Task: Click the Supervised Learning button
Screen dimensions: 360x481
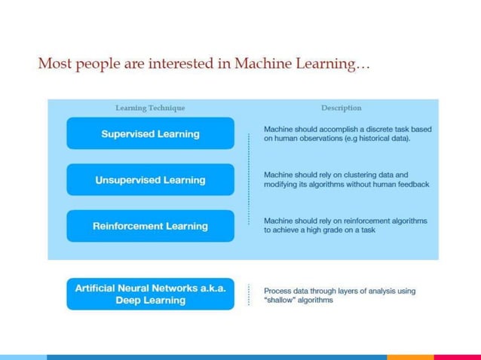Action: tap(150, 134)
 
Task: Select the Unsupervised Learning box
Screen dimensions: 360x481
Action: tap(150, 180)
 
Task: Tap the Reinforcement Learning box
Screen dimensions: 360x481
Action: tap(150, 226)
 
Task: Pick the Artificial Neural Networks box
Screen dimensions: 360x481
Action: tap(150, 294)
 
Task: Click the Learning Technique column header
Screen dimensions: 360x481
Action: tap(150, 108)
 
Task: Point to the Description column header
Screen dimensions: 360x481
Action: tap(341, 108)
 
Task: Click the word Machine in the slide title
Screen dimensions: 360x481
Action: tap(260, 65)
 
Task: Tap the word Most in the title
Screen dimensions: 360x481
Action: tap(54, 65)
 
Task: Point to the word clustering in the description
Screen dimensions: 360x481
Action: tap(358, 175)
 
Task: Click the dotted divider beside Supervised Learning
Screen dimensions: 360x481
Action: tap(248, 134)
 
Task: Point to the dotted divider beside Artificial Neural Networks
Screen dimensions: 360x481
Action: tap(248, 294)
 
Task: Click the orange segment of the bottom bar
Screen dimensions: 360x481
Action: tap(410, 357)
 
